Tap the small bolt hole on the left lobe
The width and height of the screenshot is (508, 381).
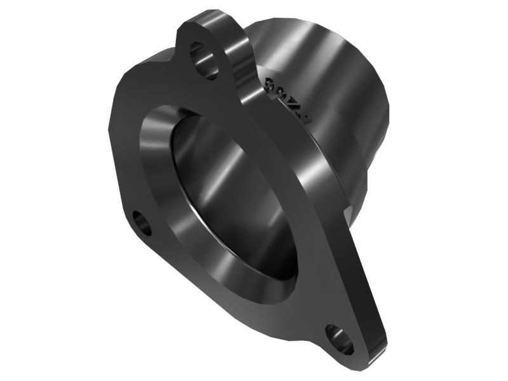click(x=143, y=224)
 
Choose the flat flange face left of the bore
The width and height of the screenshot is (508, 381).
click(x=127, y=159)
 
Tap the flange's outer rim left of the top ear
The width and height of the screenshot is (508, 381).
click(x=140, y=70)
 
